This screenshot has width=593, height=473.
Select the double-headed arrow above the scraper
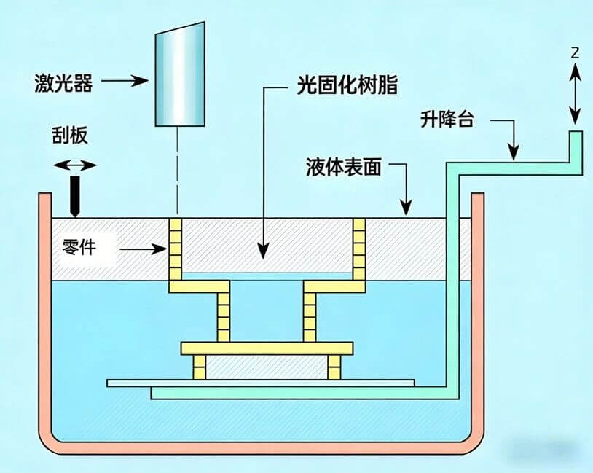click(74, 165)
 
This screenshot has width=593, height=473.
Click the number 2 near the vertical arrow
click(575, 52)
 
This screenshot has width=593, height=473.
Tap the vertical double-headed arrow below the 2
click(575, 93)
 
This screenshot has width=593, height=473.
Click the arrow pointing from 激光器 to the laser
click(128, 81)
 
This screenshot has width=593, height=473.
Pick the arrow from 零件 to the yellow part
click(142, 250)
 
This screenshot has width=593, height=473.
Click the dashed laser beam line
click(178, 171)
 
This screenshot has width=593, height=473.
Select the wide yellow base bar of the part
click(267, 348)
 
